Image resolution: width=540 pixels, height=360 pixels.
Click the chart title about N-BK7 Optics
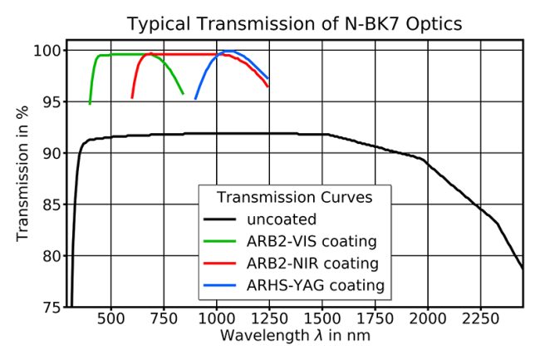point(294,24)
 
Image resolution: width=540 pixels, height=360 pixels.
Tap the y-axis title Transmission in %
point(22,174)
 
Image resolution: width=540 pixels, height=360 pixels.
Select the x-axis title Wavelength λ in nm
point(295,335)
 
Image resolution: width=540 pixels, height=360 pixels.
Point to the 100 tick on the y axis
point(48,51)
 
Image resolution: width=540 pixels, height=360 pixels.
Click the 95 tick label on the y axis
point(52,102)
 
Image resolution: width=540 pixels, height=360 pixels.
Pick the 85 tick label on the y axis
point(52,205)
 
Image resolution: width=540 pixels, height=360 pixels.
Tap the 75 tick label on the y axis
point(52,307)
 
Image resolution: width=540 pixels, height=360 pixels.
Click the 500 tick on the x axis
point(110,318)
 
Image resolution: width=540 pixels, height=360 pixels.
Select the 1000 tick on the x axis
point(217,318)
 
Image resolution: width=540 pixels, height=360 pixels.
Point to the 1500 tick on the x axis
point(322,318)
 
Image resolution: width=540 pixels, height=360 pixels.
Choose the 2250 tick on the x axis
point(480,318)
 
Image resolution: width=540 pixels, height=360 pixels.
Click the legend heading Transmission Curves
point(294,197)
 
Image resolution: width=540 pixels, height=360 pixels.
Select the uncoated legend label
point(282,219)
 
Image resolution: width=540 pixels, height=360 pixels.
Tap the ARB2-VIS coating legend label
point(312,241)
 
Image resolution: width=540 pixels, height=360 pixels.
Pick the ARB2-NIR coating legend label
point(312,264)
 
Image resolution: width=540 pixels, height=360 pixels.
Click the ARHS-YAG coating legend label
point(316,285)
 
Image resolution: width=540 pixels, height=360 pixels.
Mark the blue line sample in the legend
point(219,285)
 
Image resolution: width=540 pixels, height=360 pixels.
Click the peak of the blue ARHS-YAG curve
point(229,51)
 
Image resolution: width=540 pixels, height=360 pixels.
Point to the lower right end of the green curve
point(184,94)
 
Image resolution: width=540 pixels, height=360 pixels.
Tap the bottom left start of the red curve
point(132,99)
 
